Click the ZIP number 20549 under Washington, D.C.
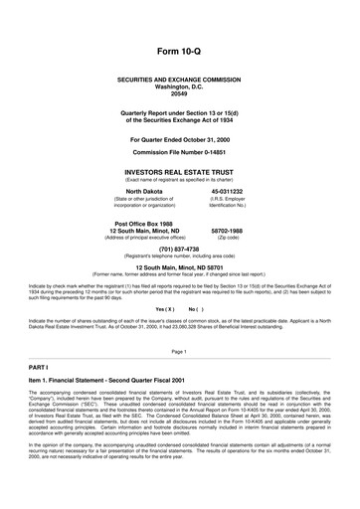click(179, 93)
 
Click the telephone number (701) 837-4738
click(179, 251)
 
